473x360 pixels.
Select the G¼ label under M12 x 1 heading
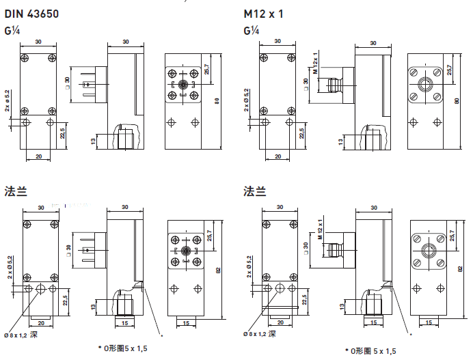point(251,31)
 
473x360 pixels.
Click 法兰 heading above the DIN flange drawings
point(14,191)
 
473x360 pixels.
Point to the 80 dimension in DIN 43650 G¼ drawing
point(216,102)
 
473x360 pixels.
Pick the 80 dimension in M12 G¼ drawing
point(457,102)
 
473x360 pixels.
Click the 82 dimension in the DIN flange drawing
point(218,271)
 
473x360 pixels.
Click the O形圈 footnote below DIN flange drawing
point(123,348)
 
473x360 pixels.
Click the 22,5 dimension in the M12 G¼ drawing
point(301,130)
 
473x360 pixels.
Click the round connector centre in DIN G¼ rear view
point(183,85)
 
